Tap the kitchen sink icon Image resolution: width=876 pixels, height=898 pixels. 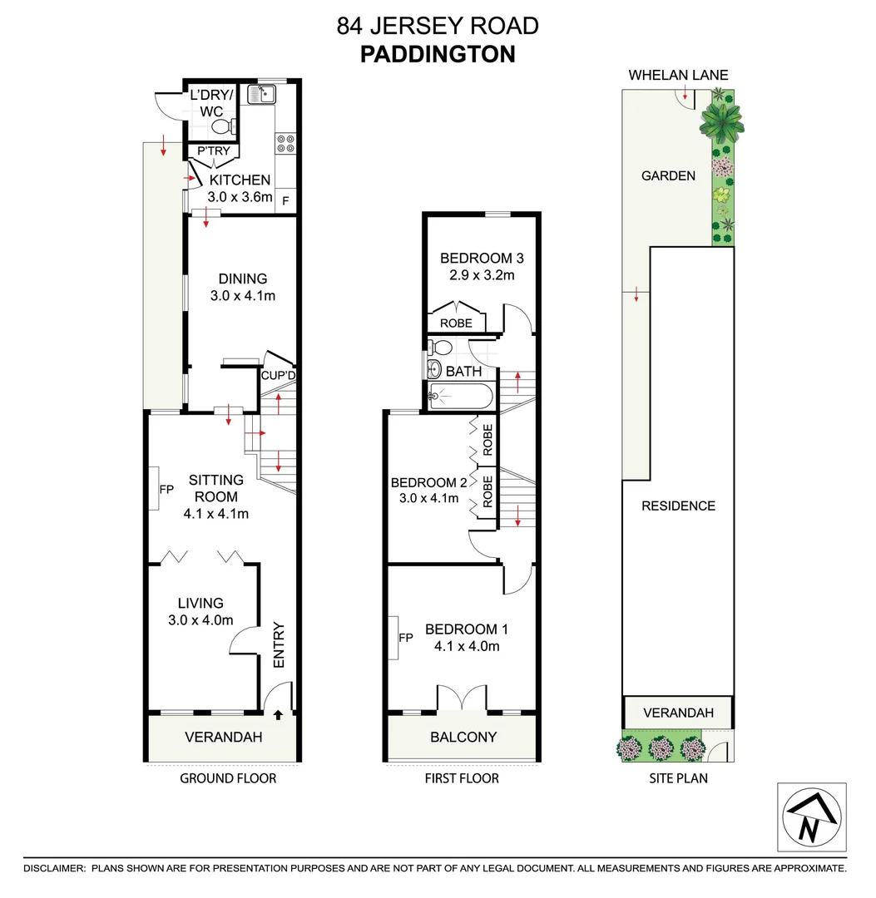(x=261, y=94)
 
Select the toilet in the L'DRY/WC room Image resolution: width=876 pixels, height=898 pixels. (x=222, y=127)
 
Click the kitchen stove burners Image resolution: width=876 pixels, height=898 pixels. (x=285, y=143)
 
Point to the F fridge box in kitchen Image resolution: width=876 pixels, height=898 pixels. (x=285, y=200)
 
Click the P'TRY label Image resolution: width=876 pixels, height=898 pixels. (x=212, y=151)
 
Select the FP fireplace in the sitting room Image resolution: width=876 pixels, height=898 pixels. (x=166, y=488)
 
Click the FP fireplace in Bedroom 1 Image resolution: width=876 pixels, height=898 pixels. (x=405, y=638)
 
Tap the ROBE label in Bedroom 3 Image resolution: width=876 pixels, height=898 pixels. (x=456, y=323)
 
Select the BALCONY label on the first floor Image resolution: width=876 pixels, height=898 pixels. (x=463, y=737)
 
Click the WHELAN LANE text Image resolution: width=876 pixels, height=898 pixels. (x=678, y=76)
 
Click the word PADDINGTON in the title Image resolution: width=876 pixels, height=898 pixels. (x=438, y=54)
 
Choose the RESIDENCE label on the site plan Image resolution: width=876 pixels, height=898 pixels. (x=678, y=506)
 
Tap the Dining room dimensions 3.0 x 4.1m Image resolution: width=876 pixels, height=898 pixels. (x=242, y=295)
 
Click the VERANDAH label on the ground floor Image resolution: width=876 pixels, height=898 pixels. (x=223, y=737)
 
